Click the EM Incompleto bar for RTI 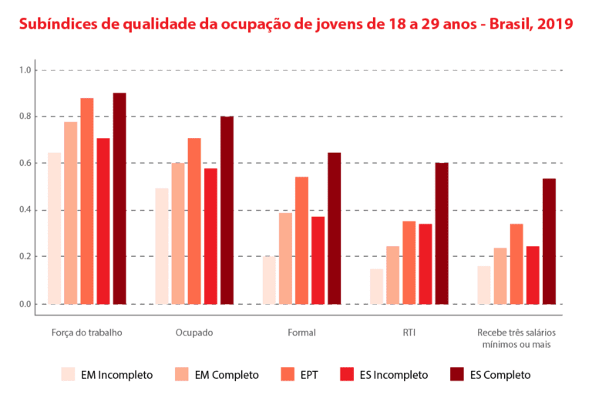coord(376,286)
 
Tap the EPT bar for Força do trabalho coord(87,201)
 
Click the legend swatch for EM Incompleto coord(68,375)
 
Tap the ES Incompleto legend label coord(393,375)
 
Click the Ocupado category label coord(194,333)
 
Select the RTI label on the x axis coord(409,333)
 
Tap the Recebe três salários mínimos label coord(516,339)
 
